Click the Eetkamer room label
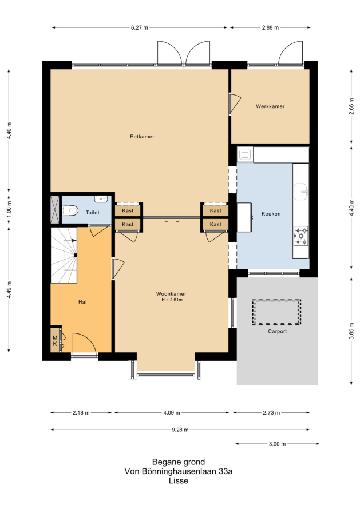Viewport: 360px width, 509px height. coord(142,137)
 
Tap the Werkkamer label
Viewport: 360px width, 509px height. coord(270,106)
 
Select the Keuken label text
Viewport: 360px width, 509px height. coord(271,214)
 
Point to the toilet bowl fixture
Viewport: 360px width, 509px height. coord(70,210)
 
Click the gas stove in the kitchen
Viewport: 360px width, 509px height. coord(300,236)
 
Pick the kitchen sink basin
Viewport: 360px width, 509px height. coord(301,192)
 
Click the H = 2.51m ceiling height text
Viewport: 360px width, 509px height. coord(172,300)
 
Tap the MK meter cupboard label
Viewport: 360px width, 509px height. coord(56,341)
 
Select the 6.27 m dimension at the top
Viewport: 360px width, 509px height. coord(140,28)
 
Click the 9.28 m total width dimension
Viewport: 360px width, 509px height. coord(180,430)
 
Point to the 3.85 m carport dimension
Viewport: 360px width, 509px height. coord(351,331)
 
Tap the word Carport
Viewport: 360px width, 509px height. coord(277,332)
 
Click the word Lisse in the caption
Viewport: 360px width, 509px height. coord(179,481)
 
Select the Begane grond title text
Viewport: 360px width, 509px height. coord(179,462)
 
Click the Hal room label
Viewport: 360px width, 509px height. coord(82,302)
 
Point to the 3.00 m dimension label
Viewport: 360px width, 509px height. coord(277,444)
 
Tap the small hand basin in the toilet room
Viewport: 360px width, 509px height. coord(102,198)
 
